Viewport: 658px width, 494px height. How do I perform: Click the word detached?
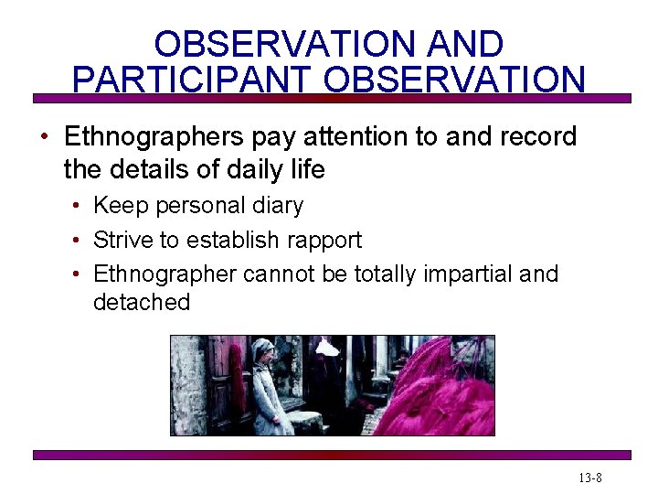142,303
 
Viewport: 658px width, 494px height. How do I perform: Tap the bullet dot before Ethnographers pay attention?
43,138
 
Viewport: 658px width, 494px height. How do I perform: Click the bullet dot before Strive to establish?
78,241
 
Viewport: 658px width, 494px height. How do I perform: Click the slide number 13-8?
589,478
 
